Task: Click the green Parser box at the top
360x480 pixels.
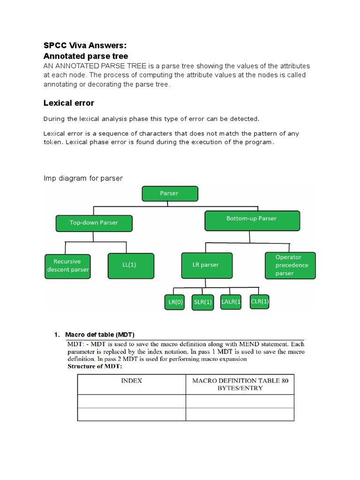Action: [170, 193]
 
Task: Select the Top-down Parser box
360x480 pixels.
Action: [94, 223]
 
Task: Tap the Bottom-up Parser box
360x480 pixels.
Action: [252, 219]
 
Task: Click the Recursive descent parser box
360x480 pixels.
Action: [68, 266]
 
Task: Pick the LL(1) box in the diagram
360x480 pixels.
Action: [129, 265]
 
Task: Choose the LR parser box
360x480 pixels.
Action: [206, 265]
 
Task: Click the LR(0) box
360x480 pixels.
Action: [175, 302]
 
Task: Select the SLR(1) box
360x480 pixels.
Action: [203, 302]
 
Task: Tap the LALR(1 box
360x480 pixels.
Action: [231, 302]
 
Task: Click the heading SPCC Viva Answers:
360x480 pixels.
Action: [85, 45]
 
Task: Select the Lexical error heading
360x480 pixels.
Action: [69, 103]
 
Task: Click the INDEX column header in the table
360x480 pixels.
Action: [132, 381]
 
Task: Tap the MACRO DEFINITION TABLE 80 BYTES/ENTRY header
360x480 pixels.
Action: [240, 384]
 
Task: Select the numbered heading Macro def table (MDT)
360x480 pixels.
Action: [100, 335]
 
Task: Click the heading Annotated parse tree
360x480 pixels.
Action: [86, 56]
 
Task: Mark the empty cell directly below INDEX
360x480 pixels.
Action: [132, 401]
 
